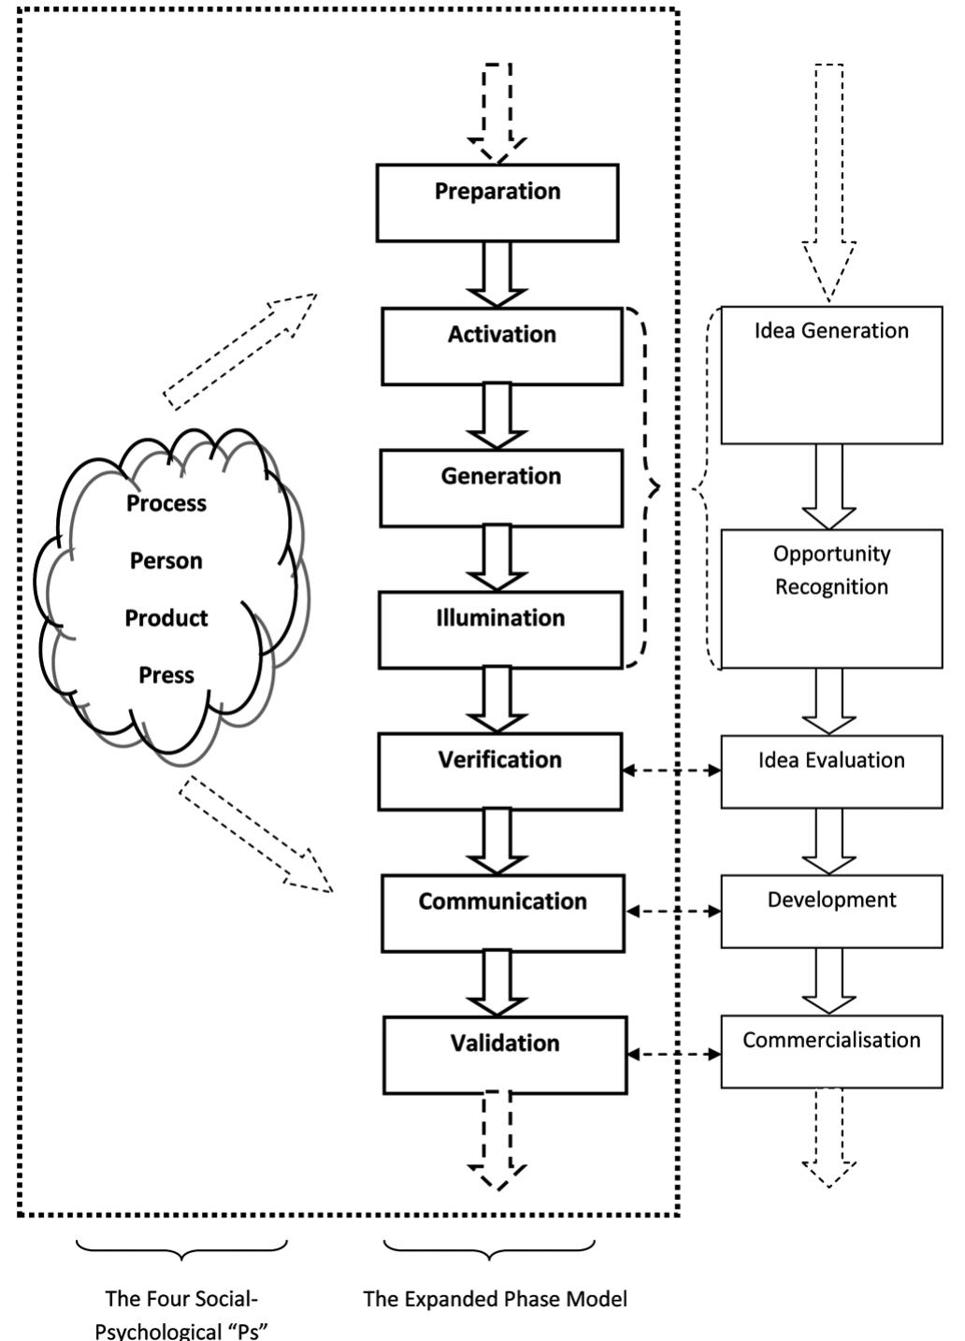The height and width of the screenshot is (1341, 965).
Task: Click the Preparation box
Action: [x=497, y=203]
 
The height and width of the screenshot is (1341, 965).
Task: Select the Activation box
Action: [x=501, y=346]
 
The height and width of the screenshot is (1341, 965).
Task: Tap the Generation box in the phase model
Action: [x=500, y=488]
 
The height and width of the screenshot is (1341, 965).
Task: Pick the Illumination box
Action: [x=500, y=630]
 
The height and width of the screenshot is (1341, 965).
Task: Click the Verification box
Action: [x=499, y=771]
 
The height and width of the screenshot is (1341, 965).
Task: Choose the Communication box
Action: [x=502, y=914]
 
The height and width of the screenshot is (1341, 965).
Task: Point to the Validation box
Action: [x=504, y=1056]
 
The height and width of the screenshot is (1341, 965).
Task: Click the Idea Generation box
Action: [x=831, y=375]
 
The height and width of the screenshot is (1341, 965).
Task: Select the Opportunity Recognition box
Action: [x=831, y=598]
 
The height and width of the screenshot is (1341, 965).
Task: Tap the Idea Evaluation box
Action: [x=831, y=772]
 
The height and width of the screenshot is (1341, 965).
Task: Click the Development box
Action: [x=831, y=912]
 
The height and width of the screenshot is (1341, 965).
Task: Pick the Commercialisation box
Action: [x=831, y=1052]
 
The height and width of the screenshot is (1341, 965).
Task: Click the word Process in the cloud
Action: [x=166, y=503]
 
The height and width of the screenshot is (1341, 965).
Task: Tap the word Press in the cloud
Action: [x=166, y=675]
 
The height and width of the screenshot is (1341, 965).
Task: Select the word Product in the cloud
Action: [x=166, y=618]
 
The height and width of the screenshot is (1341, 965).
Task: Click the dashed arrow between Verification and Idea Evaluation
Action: [x=671, y=771]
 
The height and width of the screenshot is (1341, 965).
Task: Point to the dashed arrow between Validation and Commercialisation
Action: [x=673, y=1054]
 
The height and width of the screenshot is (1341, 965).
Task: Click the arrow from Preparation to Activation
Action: [x=497, y=274]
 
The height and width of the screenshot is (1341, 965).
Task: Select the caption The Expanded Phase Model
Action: [x=495, y=1299]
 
